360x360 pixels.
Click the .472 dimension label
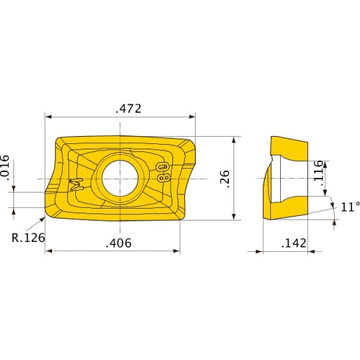pyautogui.click(x=129, y=109)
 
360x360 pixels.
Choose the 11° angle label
pyautogui.click(x=349, y=207)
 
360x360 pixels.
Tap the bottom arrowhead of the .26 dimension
pyautogui.click(x=235, y=217)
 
